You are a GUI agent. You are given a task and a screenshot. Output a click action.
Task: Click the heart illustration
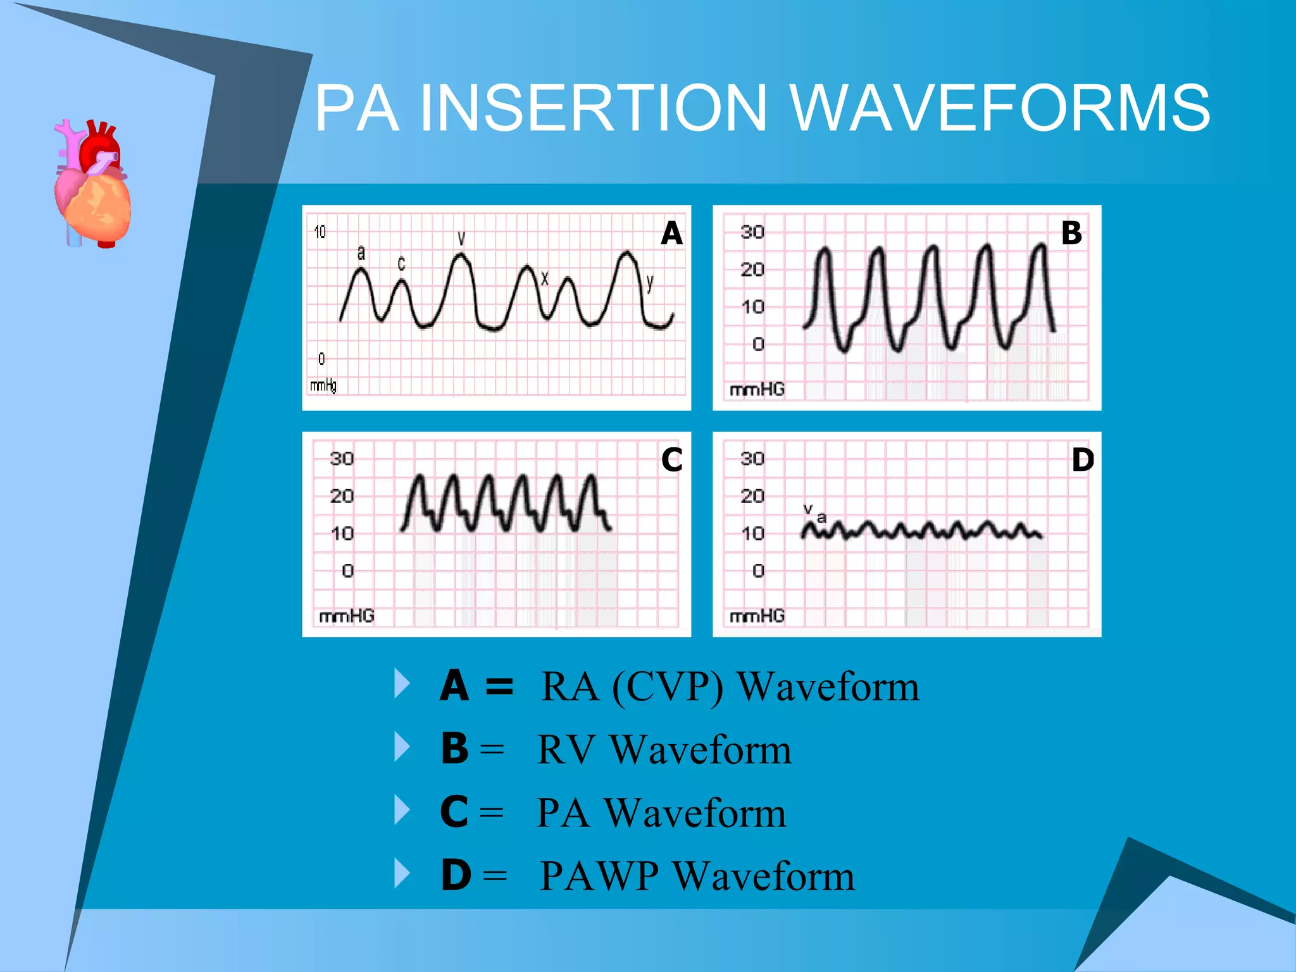click(x=93, y=184)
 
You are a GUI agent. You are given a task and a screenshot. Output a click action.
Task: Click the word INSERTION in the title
click(x=593, y=108)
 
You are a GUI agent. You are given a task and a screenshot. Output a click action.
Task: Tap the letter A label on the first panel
click(x=671, y=233)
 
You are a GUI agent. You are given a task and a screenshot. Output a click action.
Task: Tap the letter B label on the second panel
click(x=1071, y=233)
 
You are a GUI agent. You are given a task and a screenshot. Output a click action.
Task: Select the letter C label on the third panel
click(x=671, y=459)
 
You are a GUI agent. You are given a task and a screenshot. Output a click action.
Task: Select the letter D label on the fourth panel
click(x=1083, y=459)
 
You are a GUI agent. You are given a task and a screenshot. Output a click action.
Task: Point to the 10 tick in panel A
click(x=320, y=232)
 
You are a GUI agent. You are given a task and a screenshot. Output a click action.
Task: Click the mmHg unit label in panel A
click(x=323, y=385)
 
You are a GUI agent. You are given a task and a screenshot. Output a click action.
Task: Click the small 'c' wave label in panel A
click(x=401, y=263)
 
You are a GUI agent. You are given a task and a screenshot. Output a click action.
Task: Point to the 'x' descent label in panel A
click(x=545, y=278)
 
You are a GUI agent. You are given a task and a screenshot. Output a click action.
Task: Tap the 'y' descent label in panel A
click(x=650, y=282)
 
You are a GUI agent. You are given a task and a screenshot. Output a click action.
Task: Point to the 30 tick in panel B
click(x=752, y=232)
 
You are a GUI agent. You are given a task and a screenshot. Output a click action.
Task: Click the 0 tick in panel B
click(x=758, y=344)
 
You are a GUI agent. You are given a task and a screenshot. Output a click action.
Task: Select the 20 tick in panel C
click(x=342, y=495)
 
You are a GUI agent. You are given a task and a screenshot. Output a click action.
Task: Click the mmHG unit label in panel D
click(x=757, y=615)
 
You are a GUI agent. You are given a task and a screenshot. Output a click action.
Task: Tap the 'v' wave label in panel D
click(x=808, y=508)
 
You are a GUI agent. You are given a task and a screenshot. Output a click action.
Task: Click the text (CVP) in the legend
click(x=668, y=687)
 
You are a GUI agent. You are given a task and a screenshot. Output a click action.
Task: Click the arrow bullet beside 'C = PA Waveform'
click(x=402, y=810)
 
